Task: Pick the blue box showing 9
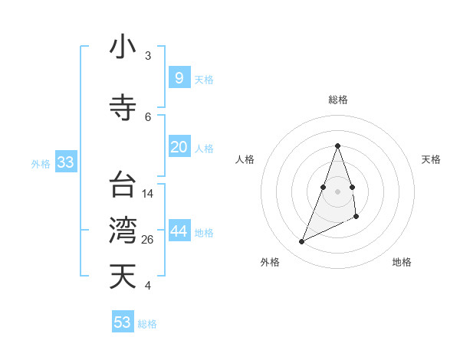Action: point(179,77)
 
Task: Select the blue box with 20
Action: point(179,147)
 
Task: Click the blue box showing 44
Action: point(179,232)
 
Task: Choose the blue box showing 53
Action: point(123,322)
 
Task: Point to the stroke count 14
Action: point(148,194)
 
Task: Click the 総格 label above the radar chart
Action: point(337,100)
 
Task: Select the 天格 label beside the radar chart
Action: point(431,159)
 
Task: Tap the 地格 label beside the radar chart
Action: point(402,262)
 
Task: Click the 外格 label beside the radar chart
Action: point(270,262)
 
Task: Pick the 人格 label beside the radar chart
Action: point(245,159)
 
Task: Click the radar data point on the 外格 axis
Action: point(301,242)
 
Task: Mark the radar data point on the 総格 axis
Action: point(337,146)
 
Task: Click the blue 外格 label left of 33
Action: point(41,163)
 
